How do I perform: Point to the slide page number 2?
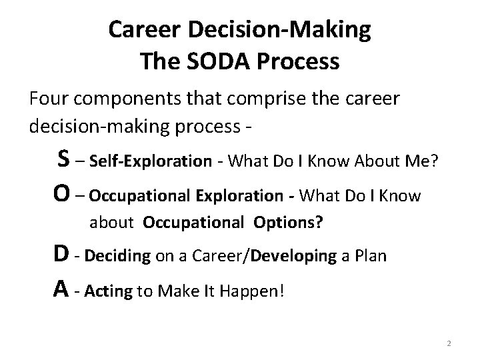(449, 343)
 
